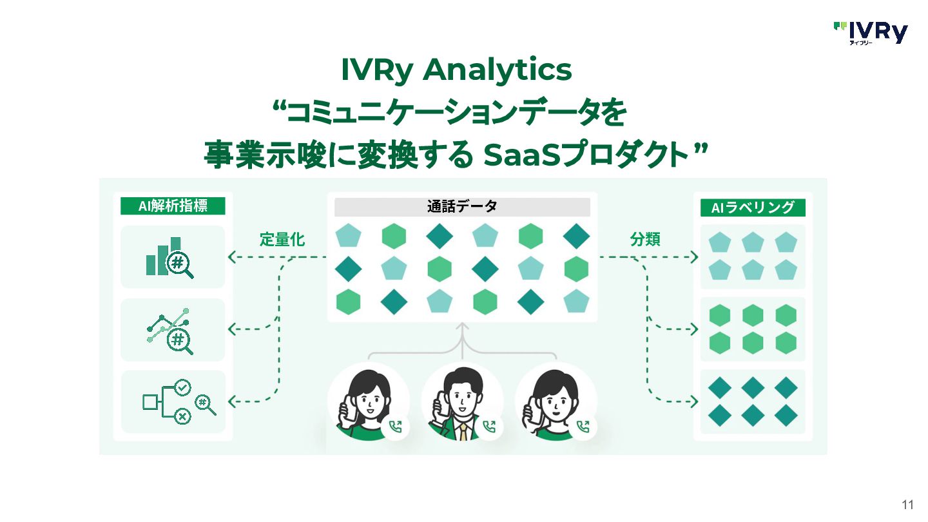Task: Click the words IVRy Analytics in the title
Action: click(x=456, y=70)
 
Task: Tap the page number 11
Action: click(x=908, y=504)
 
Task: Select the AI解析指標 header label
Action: click(x=173, y=206)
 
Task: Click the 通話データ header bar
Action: click(x=462, y=207)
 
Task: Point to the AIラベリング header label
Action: click(x=753, y=208)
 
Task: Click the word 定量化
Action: click(x=282, y=240)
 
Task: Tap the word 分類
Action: click(x=645, y=240)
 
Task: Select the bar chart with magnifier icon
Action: click(x=171, y=257)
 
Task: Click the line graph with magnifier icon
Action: click(x=171, y=330)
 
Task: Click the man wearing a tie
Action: click(x=461, y=403)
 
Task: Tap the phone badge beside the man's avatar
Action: click(x=490, y=426)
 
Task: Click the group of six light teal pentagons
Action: click(x=753, y=256)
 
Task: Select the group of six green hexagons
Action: click(x=753, y=329)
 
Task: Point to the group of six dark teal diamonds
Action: click(x=753, y=402)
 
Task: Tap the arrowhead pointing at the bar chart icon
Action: click(x=231, y=258)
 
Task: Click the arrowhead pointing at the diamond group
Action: click(x=694, y=402)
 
